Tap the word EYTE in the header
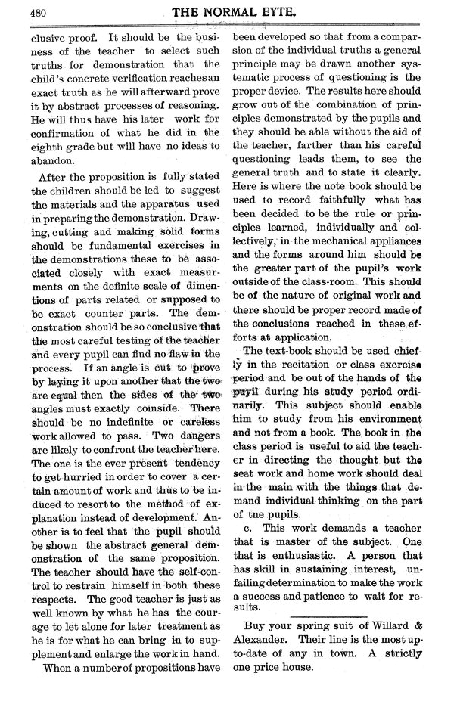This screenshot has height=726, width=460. tap(292, 12)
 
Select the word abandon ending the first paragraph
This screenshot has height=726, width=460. tap(53, 160)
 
